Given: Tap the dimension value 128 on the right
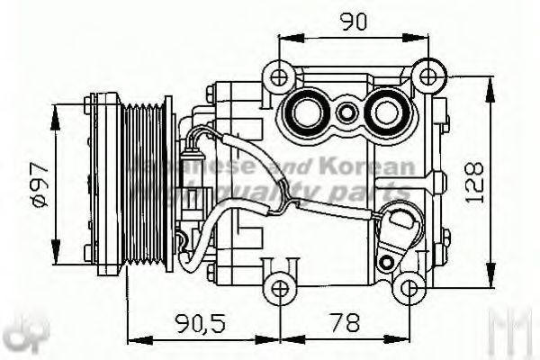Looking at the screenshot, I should coord(476,181).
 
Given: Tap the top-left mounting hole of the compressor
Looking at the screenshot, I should coord(280,75).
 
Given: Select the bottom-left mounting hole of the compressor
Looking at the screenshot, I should coord(280,287).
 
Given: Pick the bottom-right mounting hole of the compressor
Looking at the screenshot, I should coord(409,287).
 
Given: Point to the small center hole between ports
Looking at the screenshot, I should coord(346,113).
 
